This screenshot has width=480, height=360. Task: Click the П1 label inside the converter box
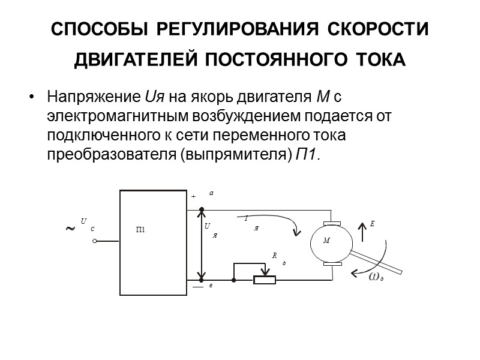(141, 230)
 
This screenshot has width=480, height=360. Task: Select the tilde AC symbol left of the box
(70, 229)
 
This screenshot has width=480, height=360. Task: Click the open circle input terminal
(95, 242)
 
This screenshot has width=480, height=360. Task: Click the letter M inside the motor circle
(326, 241)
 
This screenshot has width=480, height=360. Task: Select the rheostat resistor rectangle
(265, 280)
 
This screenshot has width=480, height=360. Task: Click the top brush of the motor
(332, 224)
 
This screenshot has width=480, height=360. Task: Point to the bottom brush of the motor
(332, 265)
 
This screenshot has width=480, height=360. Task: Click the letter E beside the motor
(372, 224)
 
